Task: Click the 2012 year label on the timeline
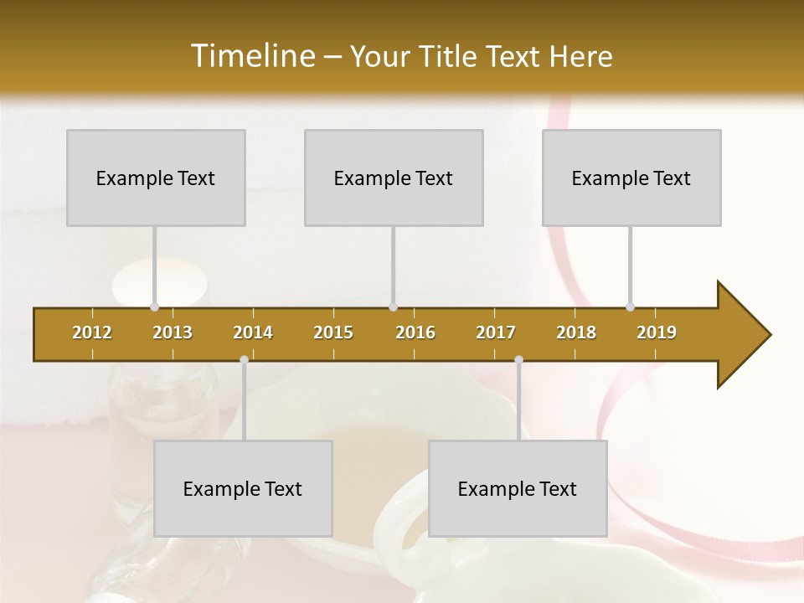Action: pos(92,332)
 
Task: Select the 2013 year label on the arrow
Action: pos(173,332)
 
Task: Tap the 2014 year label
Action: pos(253,332)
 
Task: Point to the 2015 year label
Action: pos(333,332)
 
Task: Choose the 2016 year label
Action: pos(415,332)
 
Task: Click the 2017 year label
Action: pos(496,332)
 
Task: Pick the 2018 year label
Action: pos(576,332)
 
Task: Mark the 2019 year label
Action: pos(657,332)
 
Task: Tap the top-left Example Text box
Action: pos(156,178)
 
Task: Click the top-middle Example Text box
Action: pos(394,178)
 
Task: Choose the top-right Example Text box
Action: pos(631,178)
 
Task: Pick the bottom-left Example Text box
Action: pos(243,488)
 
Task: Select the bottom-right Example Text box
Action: pos(518,488)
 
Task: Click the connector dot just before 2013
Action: pos(154,307)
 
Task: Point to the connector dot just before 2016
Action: pos(393,307)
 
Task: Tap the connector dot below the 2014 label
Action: pos(244,360)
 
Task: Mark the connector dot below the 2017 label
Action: pos(518,360)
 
